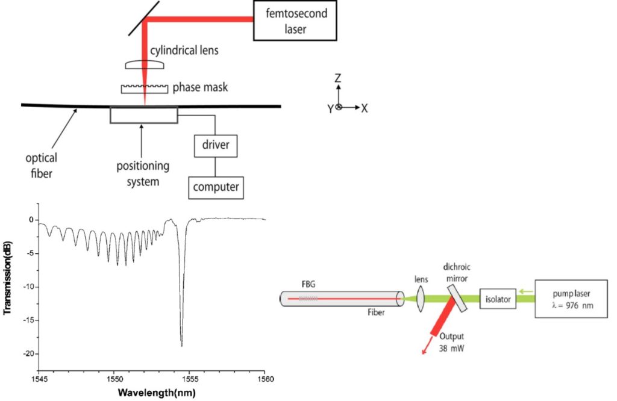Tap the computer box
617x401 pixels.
[216, 187]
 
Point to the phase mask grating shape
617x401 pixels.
[145, 89]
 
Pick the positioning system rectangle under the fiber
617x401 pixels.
[144, 115]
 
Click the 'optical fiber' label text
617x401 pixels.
[42, 166]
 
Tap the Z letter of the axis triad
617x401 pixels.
[339, 78]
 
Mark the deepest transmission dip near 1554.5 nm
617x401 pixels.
[181, 345]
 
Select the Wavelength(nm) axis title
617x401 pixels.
[156, 393]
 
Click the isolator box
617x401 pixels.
[498, 298]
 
